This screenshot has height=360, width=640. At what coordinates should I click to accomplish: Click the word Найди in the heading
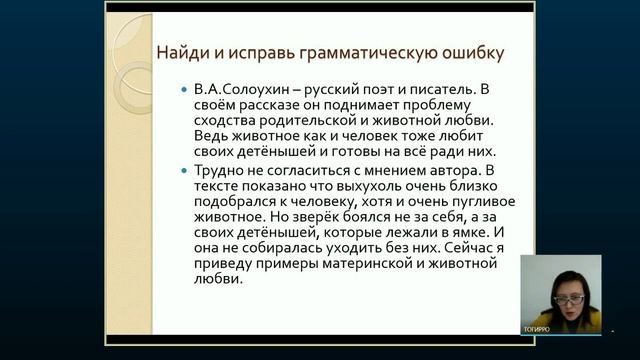(x=181, y=52)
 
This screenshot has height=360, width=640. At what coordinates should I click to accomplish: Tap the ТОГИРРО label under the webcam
(x=537, y=328)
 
